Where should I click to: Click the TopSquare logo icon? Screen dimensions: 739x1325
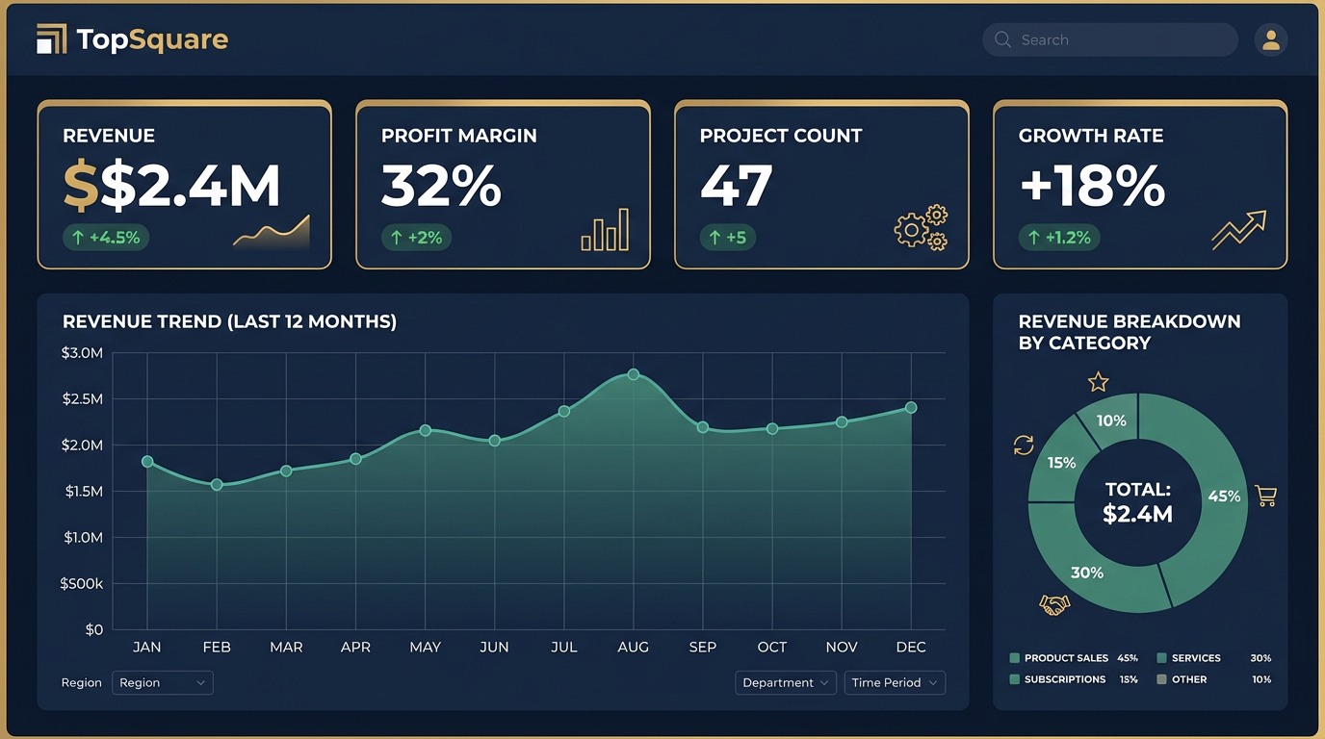point(52,39)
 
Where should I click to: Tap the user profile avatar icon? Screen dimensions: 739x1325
point(1270,39)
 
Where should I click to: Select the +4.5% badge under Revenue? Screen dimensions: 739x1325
point(106,238)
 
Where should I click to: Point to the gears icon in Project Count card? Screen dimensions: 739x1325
point(921,228)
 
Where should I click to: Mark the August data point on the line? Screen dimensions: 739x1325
point(633,374)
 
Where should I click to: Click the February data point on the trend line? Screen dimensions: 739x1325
point(217,485)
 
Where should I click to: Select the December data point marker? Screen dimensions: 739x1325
point(911,408)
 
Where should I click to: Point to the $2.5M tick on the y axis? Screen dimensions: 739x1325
point(82,398)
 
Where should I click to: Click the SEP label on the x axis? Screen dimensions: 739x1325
point(702,648)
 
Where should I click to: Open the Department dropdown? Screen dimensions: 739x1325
point(786,682)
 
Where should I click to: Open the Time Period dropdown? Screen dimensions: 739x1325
point(895,682)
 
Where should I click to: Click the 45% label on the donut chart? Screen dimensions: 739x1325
point(1224,497)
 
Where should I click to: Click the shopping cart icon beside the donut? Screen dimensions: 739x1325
point(1266,497)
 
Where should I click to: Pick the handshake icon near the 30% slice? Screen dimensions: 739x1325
point(1054,605)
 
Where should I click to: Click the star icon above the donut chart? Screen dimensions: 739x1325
point(1098,383)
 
